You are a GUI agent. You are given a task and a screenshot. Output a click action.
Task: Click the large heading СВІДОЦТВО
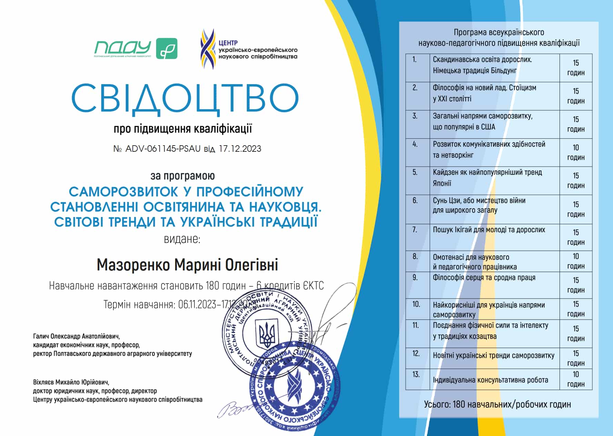pos(185,98)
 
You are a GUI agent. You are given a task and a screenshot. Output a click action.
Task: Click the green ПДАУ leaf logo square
pos(167,48)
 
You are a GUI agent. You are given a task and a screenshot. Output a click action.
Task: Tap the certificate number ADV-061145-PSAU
pos(163,149)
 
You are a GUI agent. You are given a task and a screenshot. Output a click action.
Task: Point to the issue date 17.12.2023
pos(240,149)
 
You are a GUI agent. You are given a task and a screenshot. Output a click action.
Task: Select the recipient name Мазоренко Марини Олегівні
pos(187,265)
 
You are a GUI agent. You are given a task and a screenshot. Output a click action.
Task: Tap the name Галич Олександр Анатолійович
pos(76,336)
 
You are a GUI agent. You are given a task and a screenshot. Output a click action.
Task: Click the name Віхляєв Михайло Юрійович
pos(71,382)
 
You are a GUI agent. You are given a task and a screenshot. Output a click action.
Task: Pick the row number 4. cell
pos(417,152)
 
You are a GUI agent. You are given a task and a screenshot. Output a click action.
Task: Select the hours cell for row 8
pos(576,261)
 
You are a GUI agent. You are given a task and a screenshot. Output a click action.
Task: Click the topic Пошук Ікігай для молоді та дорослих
pos(489,230)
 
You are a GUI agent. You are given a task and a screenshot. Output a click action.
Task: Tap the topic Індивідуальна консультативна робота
pos(490,380)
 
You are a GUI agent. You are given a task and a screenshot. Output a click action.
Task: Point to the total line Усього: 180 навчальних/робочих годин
pos(497,404)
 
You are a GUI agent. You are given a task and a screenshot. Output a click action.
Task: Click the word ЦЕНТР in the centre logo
pos(228,43)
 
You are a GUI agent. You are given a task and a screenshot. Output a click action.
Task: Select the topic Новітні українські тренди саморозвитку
pos(493,356)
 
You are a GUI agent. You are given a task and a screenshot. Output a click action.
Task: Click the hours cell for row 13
pos(576,379)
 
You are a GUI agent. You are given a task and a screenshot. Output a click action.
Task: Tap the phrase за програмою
pos(182,176)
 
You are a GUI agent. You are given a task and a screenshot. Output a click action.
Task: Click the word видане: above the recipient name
pos(182,239)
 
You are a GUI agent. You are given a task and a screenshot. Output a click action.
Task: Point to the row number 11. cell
pos(417,333)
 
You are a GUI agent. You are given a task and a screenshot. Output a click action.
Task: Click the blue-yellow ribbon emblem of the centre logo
pos(208,49)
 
